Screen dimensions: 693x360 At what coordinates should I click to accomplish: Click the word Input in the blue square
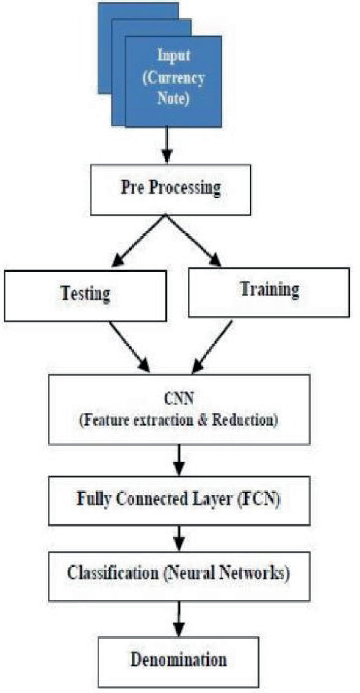(x=174, y=56)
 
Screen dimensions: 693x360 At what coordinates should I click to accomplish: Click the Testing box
(x=85, y=296)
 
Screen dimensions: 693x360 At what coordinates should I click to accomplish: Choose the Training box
(x=269, y=292)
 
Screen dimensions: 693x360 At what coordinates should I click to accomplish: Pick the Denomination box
(x=179, y=660)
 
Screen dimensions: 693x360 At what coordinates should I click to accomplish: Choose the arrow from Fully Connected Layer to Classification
(x=179, y=538)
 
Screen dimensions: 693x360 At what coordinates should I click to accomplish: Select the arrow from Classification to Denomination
(x=179, y=615)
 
